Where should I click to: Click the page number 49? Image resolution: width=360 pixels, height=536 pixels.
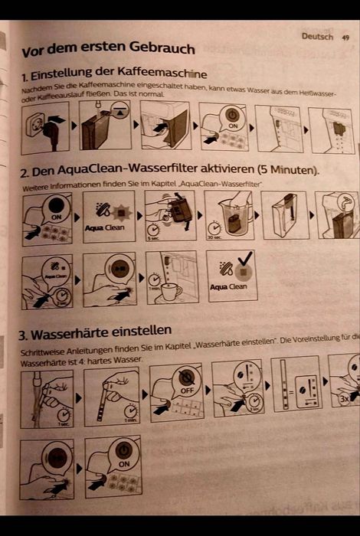[x=345, y=37]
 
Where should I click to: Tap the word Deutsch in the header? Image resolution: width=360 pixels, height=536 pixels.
[x=317, y=36]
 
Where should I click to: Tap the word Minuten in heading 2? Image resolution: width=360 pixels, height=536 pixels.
[x=287, y=169]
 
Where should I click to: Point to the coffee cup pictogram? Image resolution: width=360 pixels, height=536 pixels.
[x=171, y=290]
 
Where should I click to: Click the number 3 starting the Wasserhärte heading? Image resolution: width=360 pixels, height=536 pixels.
[x=23, y=335]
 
